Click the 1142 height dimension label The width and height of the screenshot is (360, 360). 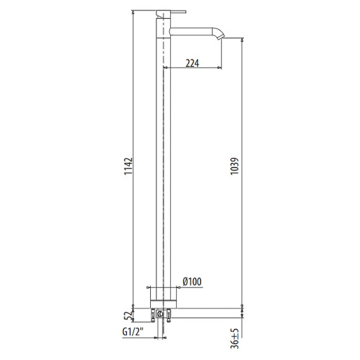point(128,166)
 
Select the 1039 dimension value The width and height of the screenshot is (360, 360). point(235,166)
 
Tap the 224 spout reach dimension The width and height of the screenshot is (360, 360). point(192,63)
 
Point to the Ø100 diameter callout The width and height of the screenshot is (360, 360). point(192,282)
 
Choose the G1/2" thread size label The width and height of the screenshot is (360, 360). point(133,332)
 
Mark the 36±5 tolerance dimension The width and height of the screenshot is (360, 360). point(235,338)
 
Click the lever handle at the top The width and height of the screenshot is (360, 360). point(178,11)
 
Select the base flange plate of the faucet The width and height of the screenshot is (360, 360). point(163,304)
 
